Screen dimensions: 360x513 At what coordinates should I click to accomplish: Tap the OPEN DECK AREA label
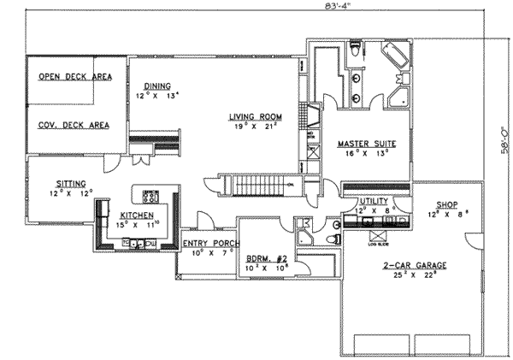(x=75, y=77)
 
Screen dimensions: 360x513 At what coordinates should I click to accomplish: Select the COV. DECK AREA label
(x=74, y=125)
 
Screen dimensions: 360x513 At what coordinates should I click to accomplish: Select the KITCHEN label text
(x=137, y=215)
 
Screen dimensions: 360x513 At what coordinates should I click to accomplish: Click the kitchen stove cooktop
(x=151, y=195)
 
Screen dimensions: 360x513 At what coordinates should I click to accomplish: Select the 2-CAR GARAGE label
(x=412, y=265)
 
